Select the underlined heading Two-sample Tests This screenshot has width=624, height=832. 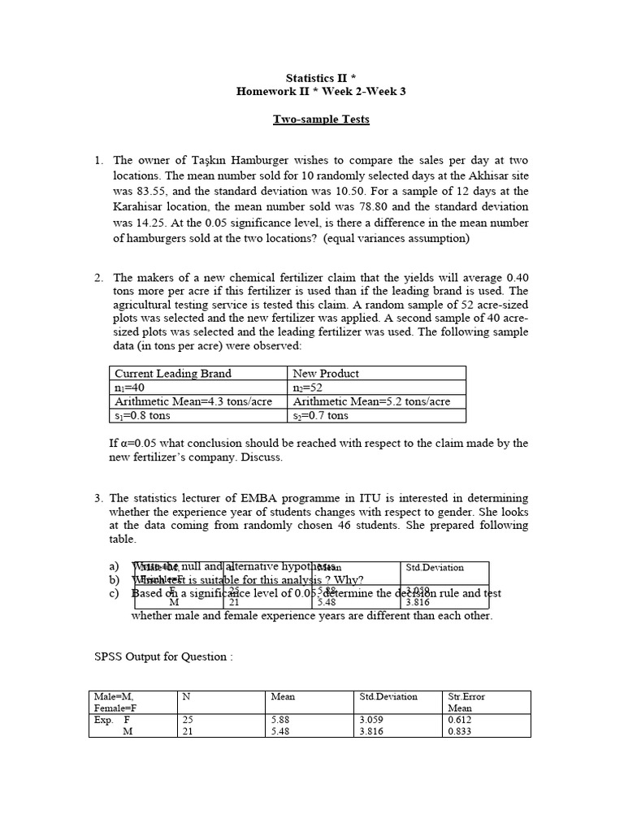tap(320, 119)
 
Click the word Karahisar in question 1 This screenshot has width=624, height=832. tap(141, 206)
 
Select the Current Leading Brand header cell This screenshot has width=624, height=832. tap(173, 374)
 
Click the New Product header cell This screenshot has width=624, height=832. tap(326, 374)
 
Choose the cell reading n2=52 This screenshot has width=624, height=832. tap(308, 388)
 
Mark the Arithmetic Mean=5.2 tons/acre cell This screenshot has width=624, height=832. tap(371, 401)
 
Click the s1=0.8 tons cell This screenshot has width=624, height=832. tap(143, 415)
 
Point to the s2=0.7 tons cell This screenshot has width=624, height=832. tap(321, 415)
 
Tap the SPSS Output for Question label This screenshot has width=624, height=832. tap(161, 656)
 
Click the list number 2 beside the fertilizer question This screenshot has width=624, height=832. tap(97, 278)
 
